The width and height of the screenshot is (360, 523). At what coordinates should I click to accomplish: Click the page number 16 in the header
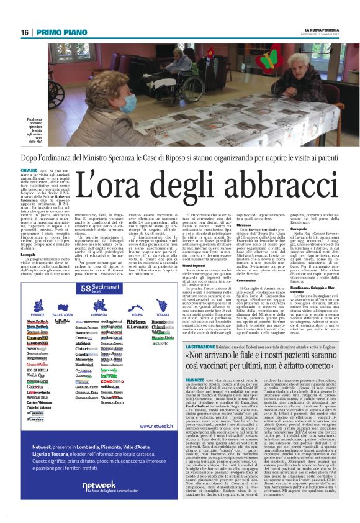24,32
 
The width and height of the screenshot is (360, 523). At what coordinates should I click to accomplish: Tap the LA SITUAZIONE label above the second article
200,346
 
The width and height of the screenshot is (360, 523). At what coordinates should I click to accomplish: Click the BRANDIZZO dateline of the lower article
197,378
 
